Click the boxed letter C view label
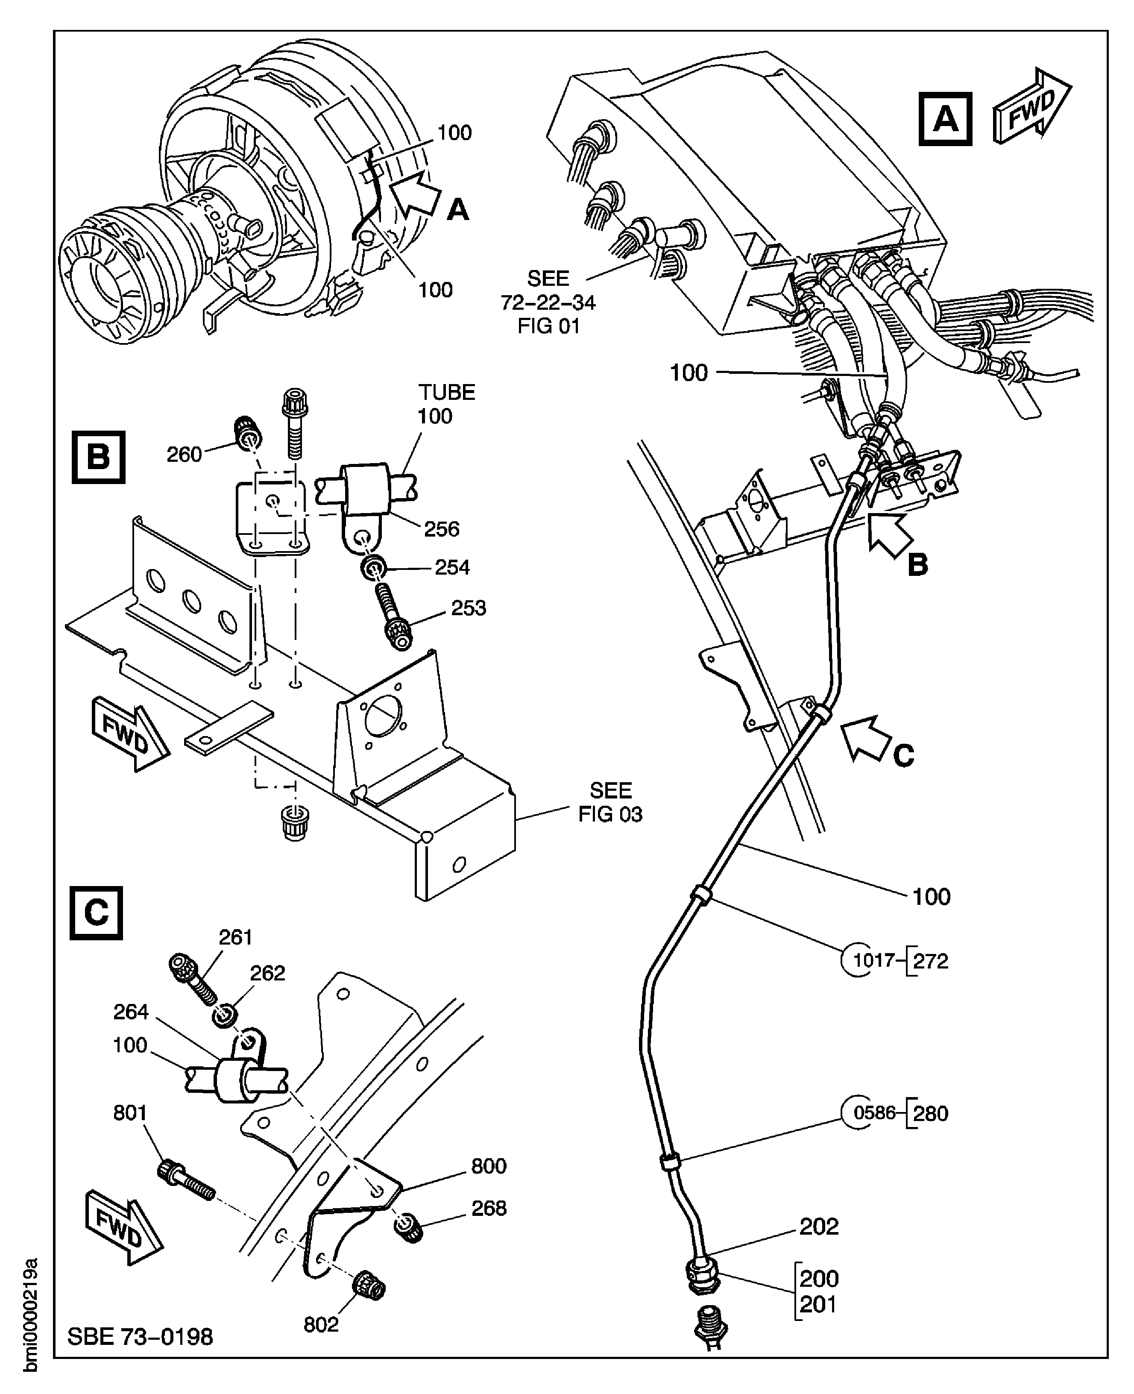(96, 913)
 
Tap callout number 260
(184, 454)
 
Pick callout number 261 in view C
(235, 937)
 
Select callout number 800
(489, 1165)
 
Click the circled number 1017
(873, 960)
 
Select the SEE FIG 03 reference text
(609, 802)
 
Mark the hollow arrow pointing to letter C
(866, 738)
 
